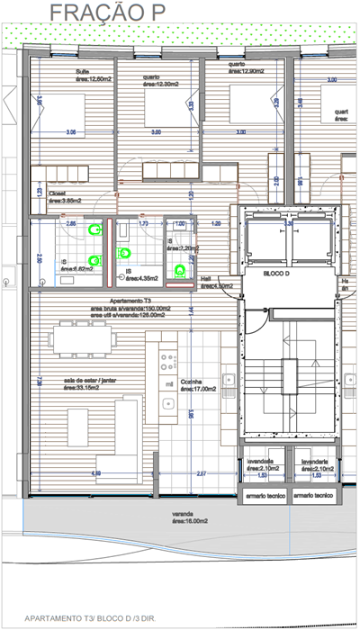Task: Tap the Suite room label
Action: coord(93,76)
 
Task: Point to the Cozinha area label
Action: coord(198,385)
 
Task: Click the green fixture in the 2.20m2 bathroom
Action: coord(181,268)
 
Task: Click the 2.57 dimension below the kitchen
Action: coord(202,473)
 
